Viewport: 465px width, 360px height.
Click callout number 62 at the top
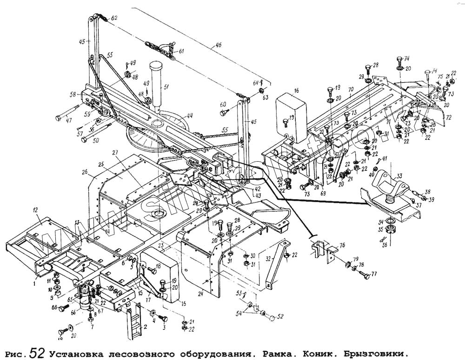pos(114,18)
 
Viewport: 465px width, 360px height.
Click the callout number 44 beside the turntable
pos(190,116)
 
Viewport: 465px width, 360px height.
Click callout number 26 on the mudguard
pos(84,172)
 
